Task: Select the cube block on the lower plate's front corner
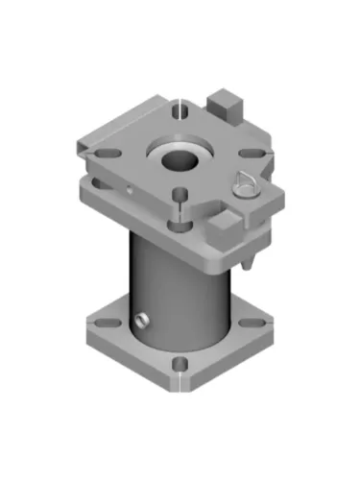[225, 228]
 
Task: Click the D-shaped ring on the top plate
[245, 181]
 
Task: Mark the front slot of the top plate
[180, 198]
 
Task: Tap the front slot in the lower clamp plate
[180, 226]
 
